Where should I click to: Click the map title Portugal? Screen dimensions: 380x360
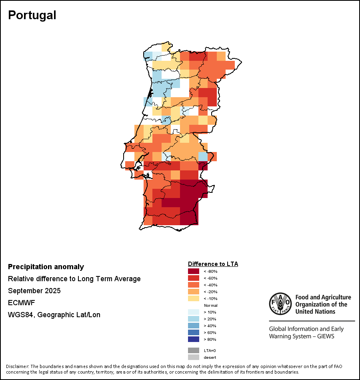pyautogui.click(x=32, y=15)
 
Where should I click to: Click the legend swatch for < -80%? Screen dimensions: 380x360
pyautogui.click(x=194, y=272)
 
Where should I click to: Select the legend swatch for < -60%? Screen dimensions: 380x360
pyautogui.click(x=194, y=278)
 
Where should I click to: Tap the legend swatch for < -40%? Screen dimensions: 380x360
pyautogui.click(x=194, y=285)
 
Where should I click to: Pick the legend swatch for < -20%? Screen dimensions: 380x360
pyautogui.click(x=194, y=292)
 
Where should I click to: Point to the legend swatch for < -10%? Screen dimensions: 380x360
pyautogui.click(x=194, y=299)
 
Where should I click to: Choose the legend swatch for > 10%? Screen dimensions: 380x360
pyautogui.click(x=194, y=312)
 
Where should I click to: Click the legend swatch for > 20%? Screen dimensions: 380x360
pyautogui.click(x=194, y=319)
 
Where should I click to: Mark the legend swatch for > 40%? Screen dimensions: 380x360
pyautogui.click(x=194, y=326)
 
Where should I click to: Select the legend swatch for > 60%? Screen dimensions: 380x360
pyautogui.click(x=194, y=332)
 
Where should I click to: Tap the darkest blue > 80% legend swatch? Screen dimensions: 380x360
pyautogui.click(x=194, y=339)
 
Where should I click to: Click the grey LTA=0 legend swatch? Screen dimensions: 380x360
pyautogui.click(x=194, y=350)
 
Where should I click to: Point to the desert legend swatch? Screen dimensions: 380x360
pyautogui.click(x=194, y=357)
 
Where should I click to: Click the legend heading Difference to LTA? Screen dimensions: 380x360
pyautogui.click(x=213, y=264)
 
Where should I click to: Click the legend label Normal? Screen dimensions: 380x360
pyautogui.click(x=210, y=305)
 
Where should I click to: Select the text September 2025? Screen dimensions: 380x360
pyautogui.click(x=34, y=291)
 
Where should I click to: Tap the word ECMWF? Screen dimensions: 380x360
pyautogui.click(x=22, y=303)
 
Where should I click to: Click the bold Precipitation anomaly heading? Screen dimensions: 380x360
pyautogui.click(x=46, y=267)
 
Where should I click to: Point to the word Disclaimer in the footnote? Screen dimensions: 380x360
pyautogui.click(x=17, y=366)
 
